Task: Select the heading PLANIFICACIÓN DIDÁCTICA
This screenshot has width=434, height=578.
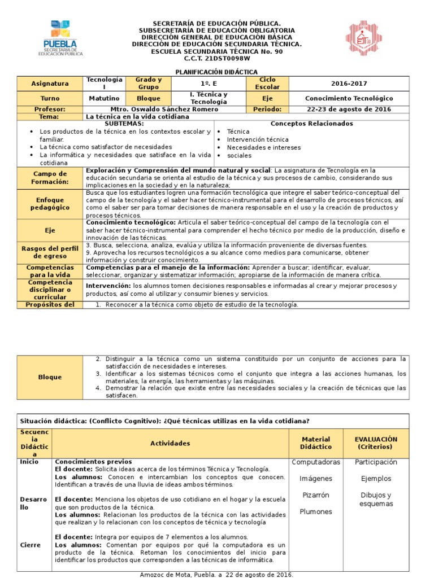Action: point(216,72)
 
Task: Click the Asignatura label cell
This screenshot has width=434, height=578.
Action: point(50,84)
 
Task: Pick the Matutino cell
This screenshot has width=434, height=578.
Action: point(104,98)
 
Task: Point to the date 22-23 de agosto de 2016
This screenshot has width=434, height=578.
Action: point(348,109)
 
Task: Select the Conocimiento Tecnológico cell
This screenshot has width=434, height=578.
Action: point(348,98)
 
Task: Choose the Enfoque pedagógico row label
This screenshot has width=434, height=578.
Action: point(50,204)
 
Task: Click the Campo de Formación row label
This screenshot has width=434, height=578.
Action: point(50,178)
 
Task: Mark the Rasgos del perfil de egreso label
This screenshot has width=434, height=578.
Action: point(50,252)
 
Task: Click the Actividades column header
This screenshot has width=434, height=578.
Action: point(170,444)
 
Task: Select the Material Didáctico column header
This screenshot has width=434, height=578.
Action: point(316,443)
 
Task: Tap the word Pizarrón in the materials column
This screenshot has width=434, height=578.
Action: point(316,495)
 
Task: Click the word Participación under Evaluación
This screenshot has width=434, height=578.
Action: point(376,462)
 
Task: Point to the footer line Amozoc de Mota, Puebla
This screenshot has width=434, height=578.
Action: point(216,574)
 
